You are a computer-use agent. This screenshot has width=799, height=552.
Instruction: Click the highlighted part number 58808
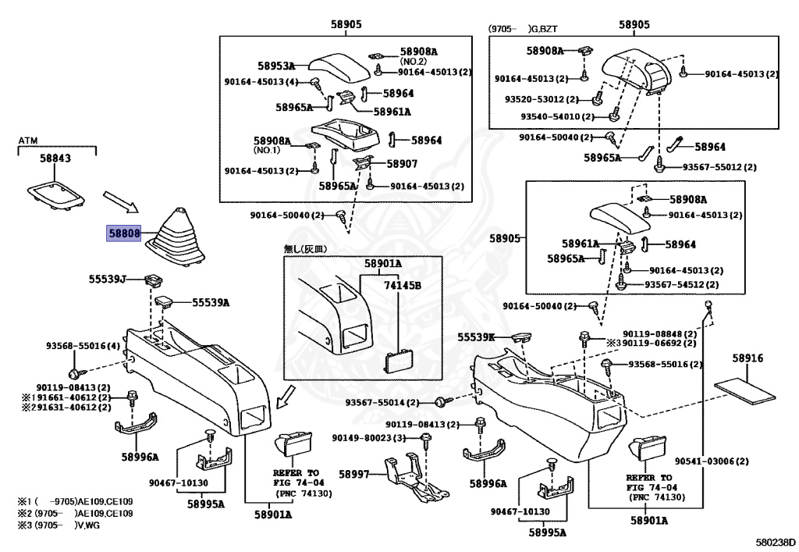[124, 233]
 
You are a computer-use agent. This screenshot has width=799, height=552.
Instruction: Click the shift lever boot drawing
[176, 236]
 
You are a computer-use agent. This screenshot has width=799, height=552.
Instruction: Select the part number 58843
[55, 158]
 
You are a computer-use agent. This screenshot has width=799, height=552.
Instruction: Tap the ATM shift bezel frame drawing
[56, 194]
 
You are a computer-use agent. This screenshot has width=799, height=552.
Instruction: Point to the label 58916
[748, 358]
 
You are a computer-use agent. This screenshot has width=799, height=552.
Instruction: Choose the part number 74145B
[403, 286]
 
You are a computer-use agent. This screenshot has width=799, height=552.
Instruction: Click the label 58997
[354, 475]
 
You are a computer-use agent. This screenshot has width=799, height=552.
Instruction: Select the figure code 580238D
[776, 542]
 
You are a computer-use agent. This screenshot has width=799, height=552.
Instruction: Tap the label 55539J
[107, 280]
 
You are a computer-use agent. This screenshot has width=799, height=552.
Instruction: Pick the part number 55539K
[476, 337]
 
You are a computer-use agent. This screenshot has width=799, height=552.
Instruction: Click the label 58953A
[276, 66]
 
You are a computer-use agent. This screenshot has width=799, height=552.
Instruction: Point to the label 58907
[402, 164]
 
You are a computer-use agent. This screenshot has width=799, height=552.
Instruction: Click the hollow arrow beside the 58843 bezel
[121, 202]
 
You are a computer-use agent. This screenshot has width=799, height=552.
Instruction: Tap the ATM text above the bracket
[28, 141]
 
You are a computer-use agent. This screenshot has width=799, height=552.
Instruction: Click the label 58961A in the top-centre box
[392, 112]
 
